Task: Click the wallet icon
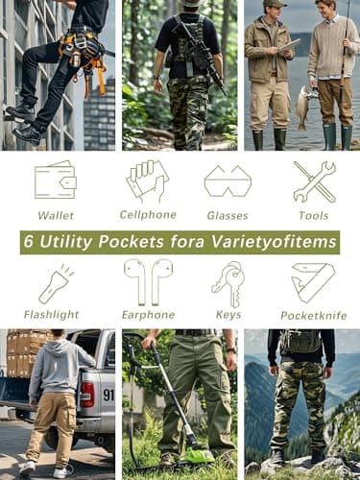click(x=55, y=180)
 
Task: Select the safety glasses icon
click(x=228, y=180)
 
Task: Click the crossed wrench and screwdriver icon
click(x=314, y=180)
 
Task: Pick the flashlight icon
click(x=54, y=284)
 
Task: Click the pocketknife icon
click(x=313, y=282)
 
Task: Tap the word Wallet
click(x=55, y=216)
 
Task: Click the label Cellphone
click(x=147, y=215)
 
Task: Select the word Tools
click(x=314, y=216)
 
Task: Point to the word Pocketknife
click(x=313, y=316)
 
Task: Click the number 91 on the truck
click(x=107, y=395)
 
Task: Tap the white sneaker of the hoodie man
click(x=60, y=471)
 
